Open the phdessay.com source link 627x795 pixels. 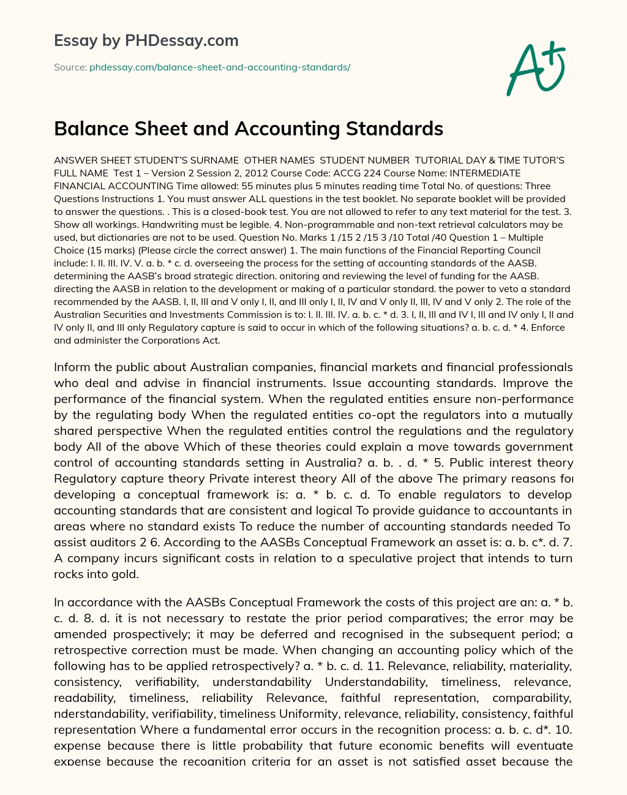[220, 67]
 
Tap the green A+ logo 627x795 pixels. [536, 67]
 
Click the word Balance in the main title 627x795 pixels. [94, 129]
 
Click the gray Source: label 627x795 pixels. [70, 67]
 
